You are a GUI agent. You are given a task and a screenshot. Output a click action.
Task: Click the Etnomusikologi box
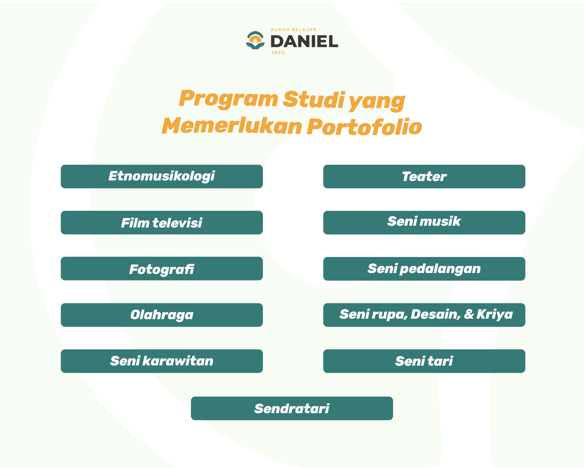(162, 176)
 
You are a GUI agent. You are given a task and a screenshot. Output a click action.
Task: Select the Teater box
(424, 176)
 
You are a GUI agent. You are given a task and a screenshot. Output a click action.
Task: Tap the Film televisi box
(162, 222)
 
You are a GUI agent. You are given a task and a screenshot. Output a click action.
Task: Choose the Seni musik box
(424, 222)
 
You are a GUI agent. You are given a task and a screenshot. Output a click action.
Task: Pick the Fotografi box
(162, 269)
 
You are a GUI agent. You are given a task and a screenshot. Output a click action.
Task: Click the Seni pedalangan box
(424, 269)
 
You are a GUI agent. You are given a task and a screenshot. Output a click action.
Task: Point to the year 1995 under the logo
(278, 53)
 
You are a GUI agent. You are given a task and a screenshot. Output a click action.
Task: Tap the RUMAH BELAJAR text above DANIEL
(294, 30)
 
